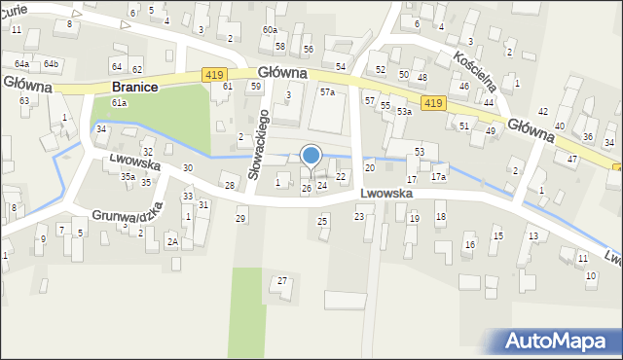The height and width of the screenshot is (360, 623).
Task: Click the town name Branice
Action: (x=135, y=86)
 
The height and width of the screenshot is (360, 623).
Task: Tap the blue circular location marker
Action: (x=311, y=155)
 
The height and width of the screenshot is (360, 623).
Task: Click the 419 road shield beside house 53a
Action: (x=434, y=103)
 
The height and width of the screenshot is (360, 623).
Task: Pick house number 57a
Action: (x=328, y=92)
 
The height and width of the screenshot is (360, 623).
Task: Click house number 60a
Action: (x=270, y=30)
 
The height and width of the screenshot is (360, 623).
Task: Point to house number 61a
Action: (x=119, y=102)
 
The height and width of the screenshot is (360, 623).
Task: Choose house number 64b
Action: (x=51, y=63)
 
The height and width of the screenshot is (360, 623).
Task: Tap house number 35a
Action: (x=128, y=177)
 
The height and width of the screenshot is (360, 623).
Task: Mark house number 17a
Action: (x=438, y=177)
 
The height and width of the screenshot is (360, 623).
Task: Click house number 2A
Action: (x=172, y=240)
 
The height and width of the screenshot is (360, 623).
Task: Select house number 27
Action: (x=282, y=281)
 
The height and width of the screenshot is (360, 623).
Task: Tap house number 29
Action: (x=240, y=218)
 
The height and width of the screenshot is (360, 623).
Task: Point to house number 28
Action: (x=230, y=185)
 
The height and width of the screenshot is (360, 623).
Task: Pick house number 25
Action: (x=322, y=222)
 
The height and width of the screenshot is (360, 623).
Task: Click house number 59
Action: (x=255, y=86)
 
